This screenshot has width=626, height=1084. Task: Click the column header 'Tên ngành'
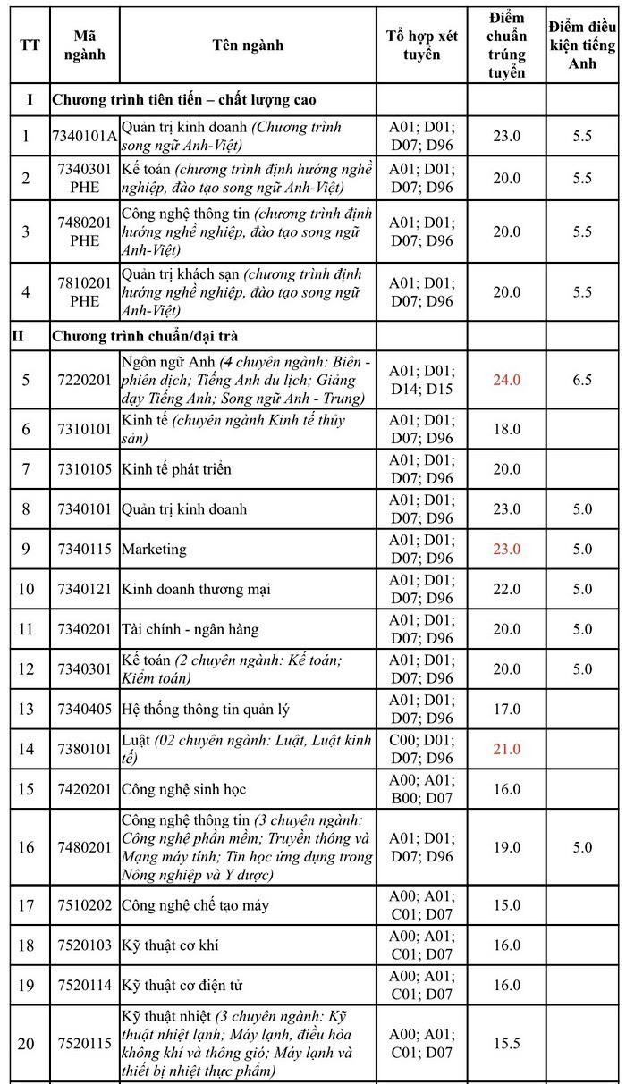pyautogui.click(x=248, y=45)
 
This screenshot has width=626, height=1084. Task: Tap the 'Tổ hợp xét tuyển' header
pyautogui.click(x=421, y=45)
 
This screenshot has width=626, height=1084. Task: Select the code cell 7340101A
pyautogui.click(x=85, y=136)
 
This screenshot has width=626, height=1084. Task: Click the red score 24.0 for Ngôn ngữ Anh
pyautogui.click(x=506, y=380)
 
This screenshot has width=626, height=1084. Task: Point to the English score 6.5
pyautogui.click(x=582, y=380)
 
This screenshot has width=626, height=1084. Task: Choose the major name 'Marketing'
pyautogui.click(x=154, y=549)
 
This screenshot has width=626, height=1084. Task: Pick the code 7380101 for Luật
pyautogui.click(x=85, y=749)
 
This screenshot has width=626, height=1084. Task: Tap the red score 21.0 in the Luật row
pyautogui.click(x=506, y=749)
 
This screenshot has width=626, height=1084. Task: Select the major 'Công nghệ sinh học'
pyautogui.click(x=183, y=789)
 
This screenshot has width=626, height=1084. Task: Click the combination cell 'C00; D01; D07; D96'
pyautogui.click(x=421, y=749)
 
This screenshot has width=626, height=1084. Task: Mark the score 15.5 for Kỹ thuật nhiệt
pyautogui.click(x=506, y=1043)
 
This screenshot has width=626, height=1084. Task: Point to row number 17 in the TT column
pyautogui.click(x=26, y=905)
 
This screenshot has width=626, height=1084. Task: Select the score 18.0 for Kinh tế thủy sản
pyautogui.click(x=506, y=429)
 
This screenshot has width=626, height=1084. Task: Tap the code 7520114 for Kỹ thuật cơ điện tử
pyautogui.click(x=85, y=985)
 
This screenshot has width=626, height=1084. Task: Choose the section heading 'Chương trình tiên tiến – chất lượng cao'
pyautogui.click(x=183, y=99)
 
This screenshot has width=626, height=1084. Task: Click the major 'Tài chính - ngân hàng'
pyautogui.click(x=190, y=629)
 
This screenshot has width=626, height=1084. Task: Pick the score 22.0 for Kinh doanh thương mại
pyautogui.click(x=506, y=589)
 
